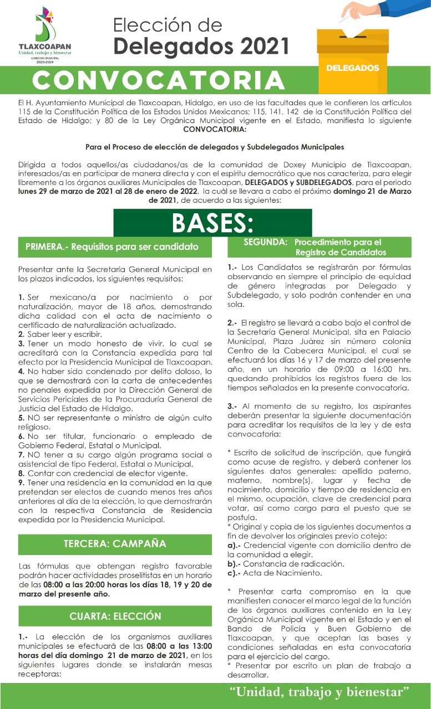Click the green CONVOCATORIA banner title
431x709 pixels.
coord(159,81)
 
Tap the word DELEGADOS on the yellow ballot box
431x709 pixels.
coord(353,68)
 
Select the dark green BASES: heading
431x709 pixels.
coord(212,223)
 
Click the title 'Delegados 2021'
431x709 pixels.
coord(201,46)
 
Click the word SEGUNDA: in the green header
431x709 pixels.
coord(265,242)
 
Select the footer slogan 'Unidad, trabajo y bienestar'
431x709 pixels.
coord(320,691)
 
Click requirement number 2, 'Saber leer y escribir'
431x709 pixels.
coord(56,334)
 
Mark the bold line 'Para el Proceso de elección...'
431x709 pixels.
coord(214,147)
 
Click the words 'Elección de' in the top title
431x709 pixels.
coord(168,25)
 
